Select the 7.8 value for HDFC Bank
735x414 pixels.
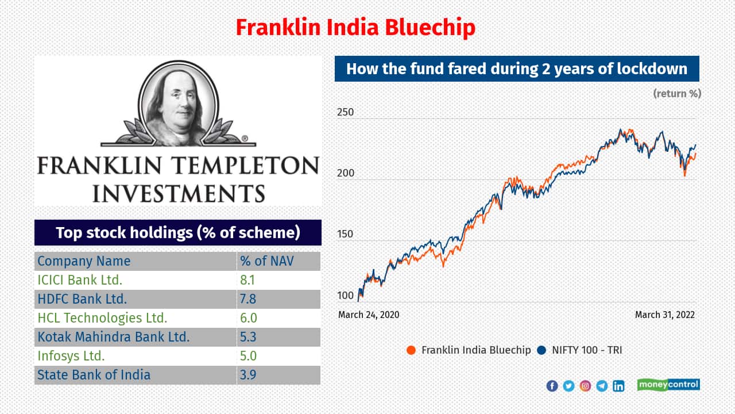click(247, 299)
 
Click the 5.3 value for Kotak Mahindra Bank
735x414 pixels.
click(247, 337)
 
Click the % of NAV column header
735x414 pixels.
click(267, 261)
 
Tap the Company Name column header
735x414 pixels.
click(84, 261)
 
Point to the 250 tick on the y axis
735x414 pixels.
click(345, 112)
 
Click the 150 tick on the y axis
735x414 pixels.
click(345, 234)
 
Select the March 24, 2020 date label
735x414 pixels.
click(369, 315)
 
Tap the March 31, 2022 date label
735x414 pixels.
click(665, 315)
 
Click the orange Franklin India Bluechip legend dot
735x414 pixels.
click(411, 350)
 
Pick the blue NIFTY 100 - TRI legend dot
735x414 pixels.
click(541, 350)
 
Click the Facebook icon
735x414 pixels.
click(552, 386)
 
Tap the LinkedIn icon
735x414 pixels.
click(618, 386)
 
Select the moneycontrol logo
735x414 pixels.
click(668, 385)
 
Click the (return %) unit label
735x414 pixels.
click(677, 94)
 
